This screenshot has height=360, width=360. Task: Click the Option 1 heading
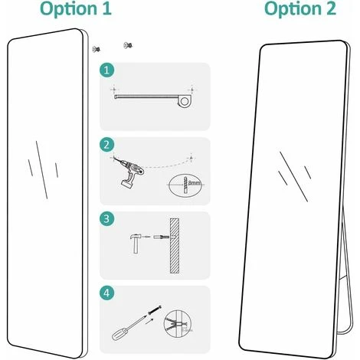pyautogui.click(x=76, y=9)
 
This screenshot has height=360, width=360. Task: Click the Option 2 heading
pyautogui.click(x=300, y=9)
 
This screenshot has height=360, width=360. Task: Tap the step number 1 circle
pyautogui.click(x=107, y=70)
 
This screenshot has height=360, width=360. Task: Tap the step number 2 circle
pyautogui.click(x=107, y=145)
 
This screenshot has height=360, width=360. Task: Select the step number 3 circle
pyautogui.click(x=107, y=219)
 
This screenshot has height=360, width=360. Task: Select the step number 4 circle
pyautogui.click(x=107, y=293)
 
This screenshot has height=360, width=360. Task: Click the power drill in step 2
pyautogui.click(x=129, y=172)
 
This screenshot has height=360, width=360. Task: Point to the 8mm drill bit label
pyautogui.click(x=194, y=183)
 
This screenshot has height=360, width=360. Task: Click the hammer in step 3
pyautogui.click(x=135, y=244)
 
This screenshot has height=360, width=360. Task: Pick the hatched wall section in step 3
pyautogui.click(x=175, y=246)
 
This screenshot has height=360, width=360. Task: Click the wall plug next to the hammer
pyautogui.click(x=161, y=237)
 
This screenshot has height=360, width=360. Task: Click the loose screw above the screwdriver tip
pyautogui.click(x=155, y=309)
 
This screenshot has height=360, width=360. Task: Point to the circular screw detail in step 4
pyautogui.click(x=177, y=324)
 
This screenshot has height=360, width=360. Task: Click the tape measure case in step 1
pyautogui.click(x=184, y=101)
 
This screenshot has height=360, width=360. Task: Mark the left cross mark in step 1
pyautogui.click(x=114, y=90)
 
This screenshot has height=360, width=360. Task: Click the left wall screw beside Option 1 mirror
pyautogui.click(x=97, y=49)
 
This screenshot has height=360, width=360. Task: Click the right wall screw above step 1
pyautogui.click(x=128, y=45)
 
